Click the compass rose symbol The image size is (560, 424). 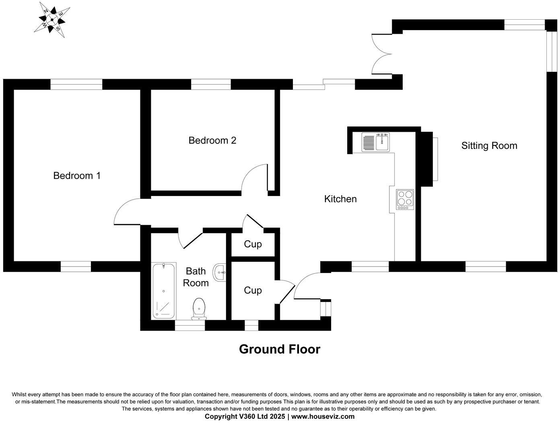pyautogui.click(x=52, y=19)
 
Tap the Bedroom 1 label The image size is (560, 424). pyautogui.click(x=77, y=175)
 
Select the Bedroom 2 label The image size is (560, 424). pyautogui.click(x=212, y=141)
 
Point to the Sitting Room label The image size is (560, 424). pyautogui.click(x=489, y=146)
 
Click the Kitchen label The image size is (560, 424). pyautogui.click(x=340, y=199)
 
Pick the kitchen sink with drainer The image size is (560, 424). pyautogui.click(x=376, y=142)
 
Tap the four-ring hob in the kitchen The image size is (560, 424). pyautogui.click(x=405, y=199)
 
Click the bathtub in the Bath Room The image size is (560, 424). pyautogui.click(x=164, y=291)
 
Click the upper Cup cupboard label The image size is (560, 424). pyautogui.click(x=253, y=244)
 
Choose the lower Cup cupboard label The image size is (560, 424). pyautogui.click(x=253, y=290)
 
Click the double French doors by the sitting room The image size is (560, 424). pyautogui.click(x=381, y=54)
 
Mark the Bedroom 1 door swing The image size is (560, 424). pyautogui.click(x=127, y=212)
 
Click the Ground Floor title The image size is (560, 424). pyautogui.click(x=280, y=349)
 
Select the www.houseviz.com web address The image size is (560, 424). pyautogui.click(x=323, y=416)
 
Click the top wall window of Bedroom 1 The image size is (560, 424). pyautogui.click(x=76, y=84)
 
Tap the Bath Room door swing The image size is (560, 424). pyautogui.click(x=189, y=240)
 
